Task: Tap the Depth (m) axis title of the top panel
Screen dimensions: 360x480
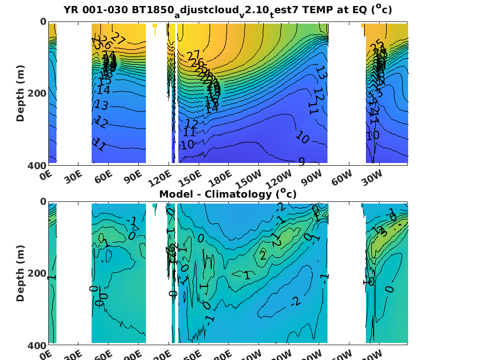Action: (x=20, y=92)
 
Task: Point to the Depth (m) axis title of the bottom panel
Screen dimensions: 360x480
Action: (x=20, y=273)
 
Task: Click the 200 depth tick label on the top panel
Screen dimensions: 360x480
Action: (x=36, y=93)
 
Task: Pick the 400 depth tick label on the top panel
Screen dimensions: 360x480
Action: (x=36, y=165)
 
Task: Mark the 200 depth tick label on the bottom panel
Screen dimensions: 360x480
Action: (x=36, y=273)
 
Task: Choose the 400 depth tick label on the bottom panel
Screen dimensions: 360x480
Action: (x=36, y=345)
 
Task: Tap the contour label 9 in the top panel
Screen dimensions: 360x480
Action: (x=301, y=161)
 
